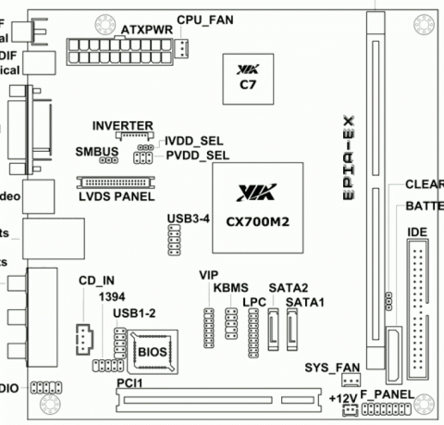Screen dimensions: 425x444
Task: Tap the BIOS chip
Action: click(x=153, y=351)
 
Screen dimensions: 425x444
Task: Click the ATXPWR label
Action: click(x=142, y=29)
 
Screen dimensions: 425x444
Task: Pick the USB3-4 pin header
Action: click(x=173, y=243)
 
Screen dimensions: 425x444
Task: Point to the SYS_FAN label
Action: click(x=329, y=368)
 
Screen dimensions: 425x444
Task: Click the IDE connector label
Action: click(x=417, y=230)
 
